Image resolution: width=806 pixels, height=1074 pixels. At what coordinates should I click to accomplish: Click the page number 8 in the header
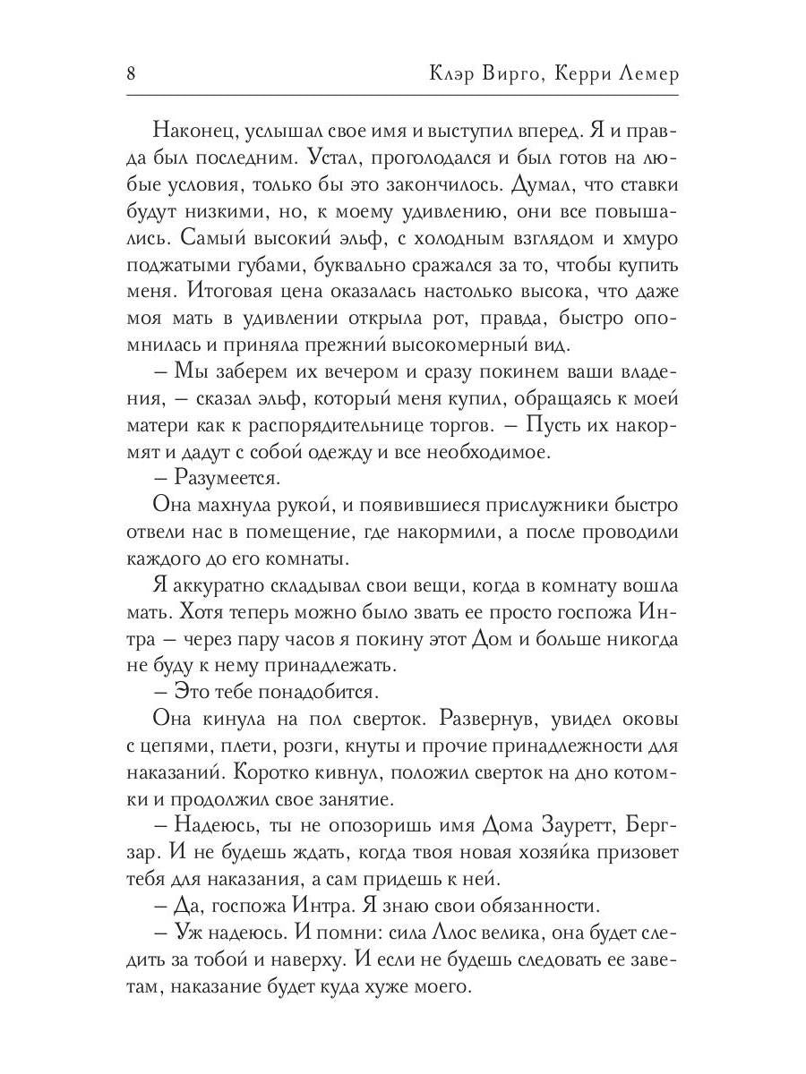131,74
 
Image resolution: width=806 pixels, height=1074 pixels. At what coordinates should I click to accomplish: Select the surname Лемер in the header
646,74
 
